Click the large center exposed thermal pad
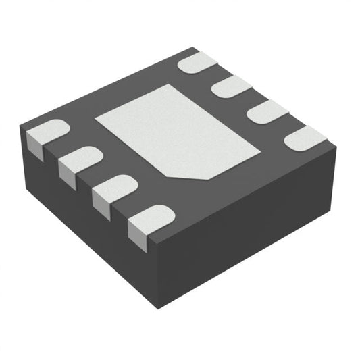click(x=177, y=132)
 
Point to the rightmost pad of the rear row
click(x=305, y=138)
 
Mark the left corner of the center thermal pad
click(x=97, y=118)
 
